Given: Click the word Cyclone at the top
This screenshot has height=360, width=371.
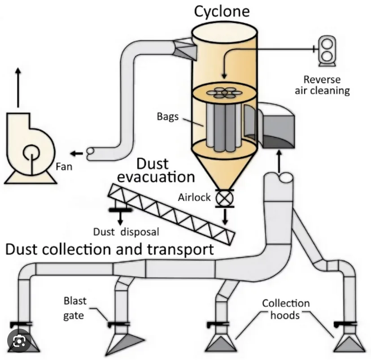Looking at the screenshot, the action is click(222, 12).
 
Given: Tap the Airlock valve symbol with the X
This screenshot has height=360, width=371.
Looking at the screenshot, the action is click(225, 198).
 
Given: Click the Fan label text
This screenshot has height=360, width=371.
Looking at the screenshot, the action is click(64, 166).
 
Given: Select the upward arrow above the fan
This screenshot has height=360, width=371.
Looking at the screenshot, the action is click(18, 87).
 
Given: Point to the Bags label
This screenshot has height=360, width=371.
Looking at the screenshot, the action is click(168, 117).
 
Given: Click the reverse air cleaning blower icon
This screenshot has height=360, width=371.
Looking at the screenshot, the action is click(327, 51).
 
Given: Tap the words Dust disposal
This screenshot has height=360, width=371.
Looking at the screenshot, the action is click(126, 232).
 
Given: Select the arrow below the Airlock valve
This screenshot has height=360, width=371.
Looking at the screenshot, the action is click(225, 217).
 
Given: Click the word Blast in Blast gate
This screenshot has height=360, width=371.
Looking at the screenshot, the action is click(75, 301).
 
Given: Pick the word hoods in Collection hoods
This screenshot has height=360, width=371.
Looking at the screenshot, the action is click(285, 315).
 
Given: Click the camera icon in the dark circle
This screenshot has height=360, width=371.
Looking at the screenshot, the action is click(19, 341).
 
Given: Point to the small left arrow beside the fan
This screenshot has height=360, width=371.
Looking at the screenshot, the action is click(77, 153).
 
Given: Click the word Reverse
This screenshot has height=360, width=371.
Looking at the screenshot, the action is click(322, 79).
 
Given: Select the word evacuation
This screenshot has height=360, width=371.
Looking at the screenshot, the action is click(156, 177).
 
